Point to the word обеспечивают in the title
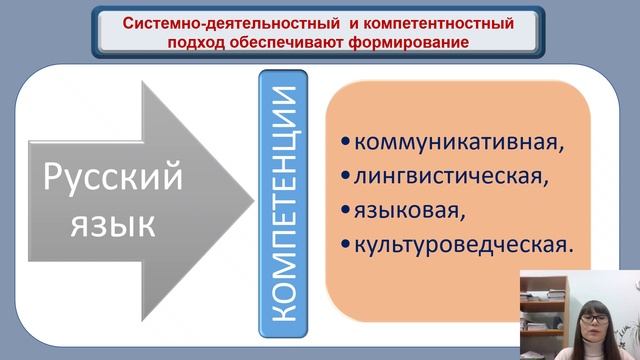pyautogui.click(x=295, y=43)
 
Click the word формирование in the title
pyautogui.click(x=421, y=43)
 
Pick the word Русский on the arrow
pyautogui.click(x=112, y=179)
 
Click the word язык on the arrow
pyautogui.click(x=112, y=226)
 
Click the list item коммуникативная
pyautogui.click(x=459, y=141)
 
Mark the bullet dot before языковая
pyautogui.click(x=346, y=210)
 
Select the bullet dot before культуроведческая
pyautogui.click(x=346, y=243)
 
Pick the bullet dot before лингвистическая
pyautogui.click(x=346, y=176)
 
